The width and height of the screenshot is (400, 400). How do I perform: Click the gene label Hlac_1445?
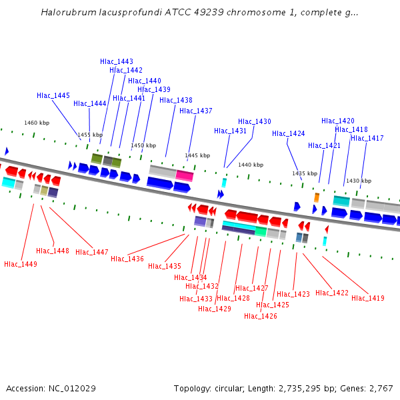pos(53,96)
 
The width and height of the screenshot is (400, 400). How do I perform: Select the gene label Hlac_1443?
pos(117,61)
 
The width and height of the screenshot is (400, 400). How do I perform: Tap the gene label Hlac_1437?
pos(196,111)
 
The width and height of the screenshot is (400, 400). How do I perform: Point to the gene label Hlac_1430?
pos(255,122)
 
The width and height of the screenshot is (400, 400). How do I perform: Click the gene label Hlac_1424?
pos(289,134)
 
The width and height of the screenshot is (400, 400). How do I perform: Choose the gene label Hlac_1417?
pos(367,139)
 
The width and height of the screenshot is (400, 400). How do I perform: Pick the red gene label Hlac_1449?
pos(21,265)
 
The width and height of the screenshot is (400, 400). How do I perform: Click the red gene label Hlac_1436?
pos(127,259)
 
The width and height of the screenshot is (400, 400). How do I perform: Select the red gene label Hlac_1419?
pos(368,299)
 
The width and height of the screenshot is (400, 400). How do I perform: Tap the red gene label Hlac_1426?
pos(261,317)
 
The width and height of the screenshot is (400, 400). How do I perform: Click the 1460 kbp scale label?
pos(37,123)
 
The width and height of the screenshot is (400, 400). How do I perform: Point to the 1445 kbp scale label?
pos(197,155)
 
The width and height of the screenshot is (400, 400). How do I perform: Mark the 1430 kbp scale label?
pos(358,181)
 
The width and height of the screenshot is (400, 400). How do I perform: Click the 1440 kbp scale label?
pos(251,165)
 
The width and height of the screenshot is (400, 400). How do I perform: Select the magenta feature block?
pos(185,176)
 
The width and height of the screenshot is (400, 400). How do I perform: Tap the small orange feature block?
pos(317,197)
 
